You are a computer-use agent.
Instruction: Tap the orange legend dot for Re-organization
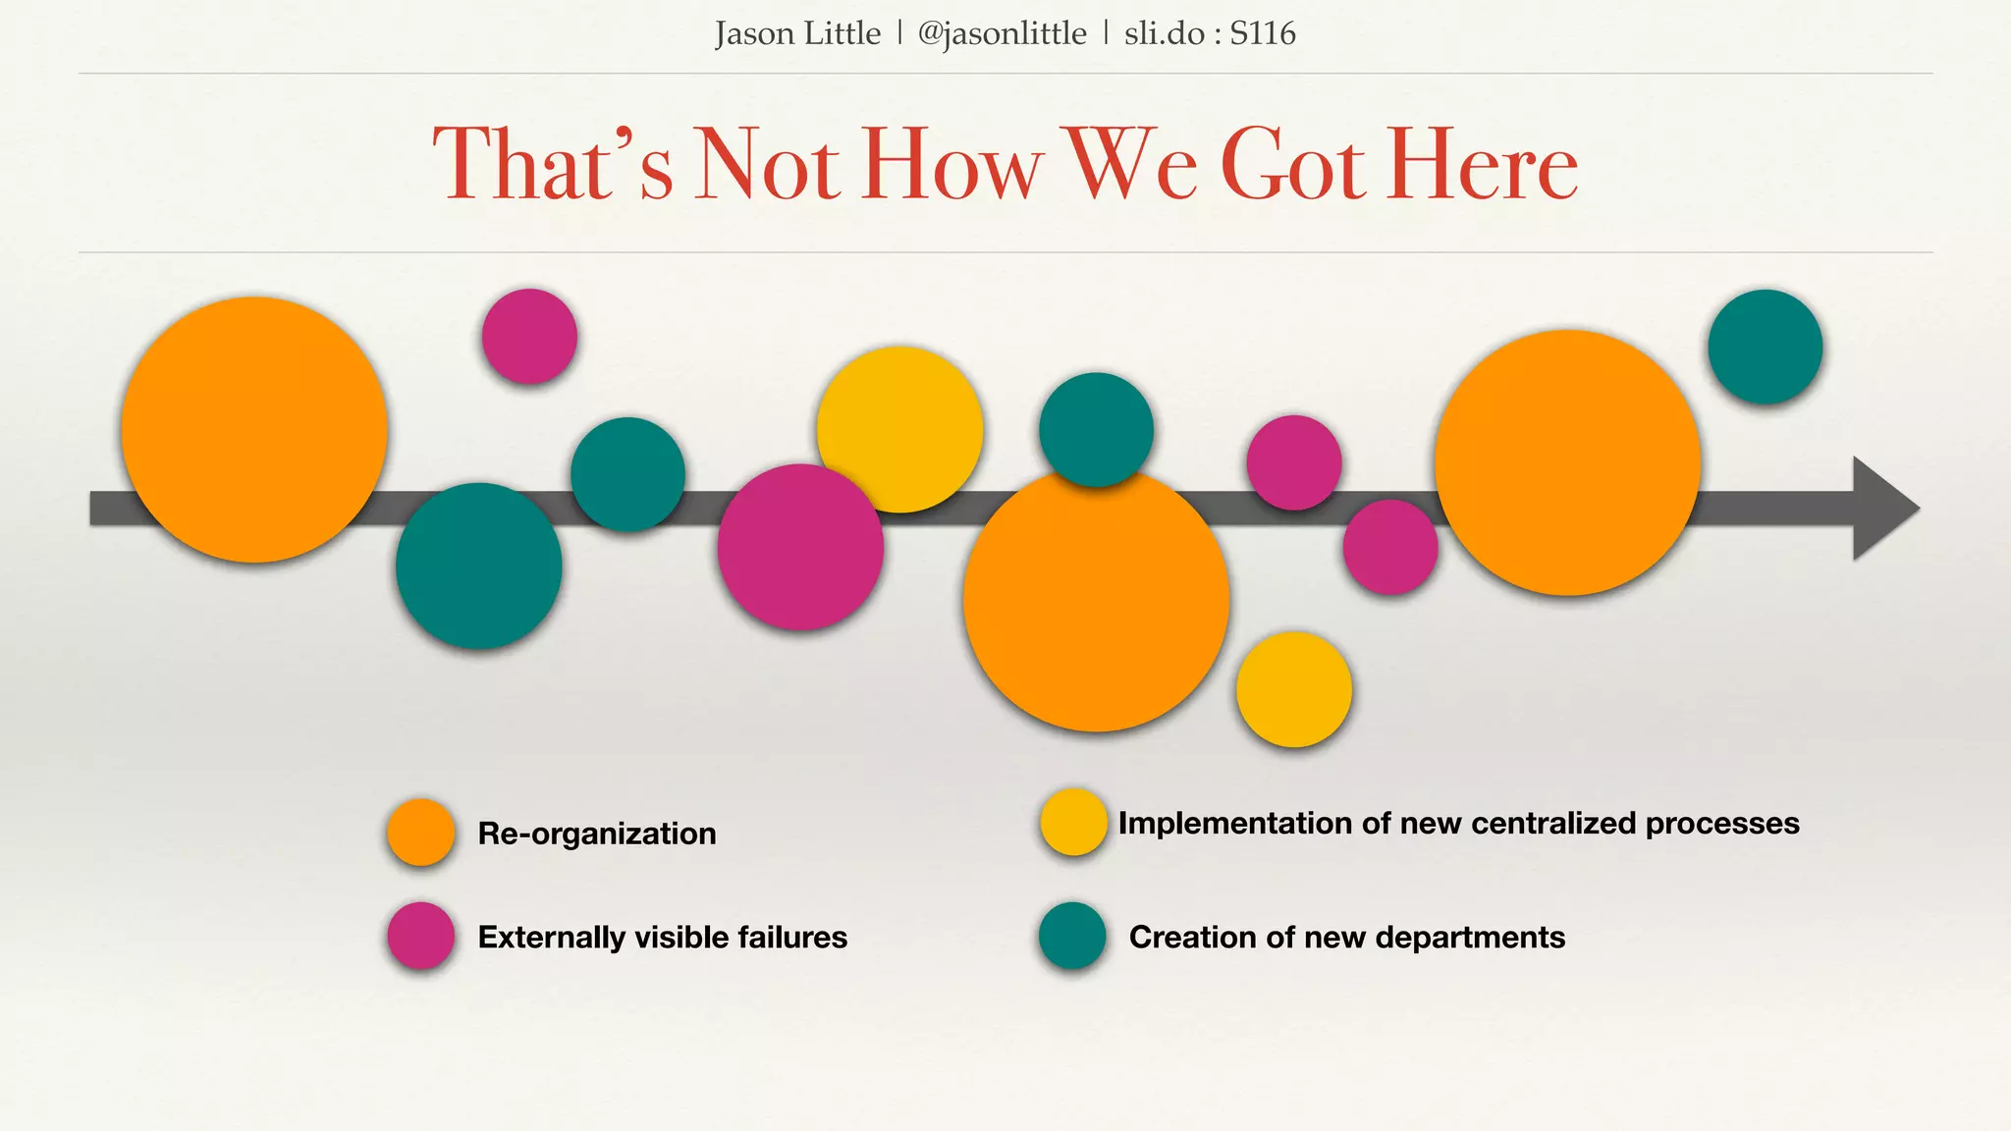(421, 833)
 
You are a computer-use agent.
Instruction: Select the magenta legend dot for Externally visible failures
(421, 936)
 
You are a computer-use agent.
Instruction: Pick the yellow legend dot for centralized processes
(1074, 822)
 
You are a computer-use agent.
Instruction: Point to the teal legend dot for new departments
(1073, 936)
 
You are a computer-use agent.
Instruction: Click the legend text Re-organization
(597, 834)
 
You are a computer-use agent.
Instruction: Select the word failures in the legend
(791, 937)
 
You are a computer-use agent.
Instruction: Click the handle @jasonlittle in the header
(1002, 34)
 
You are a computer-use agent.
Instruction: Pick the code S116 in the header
(1263, 34)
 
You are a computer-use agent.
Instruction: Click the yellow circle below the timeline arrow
(1294, 689)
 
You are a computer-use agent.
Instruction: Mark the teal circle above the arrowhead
(1766, 347)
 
